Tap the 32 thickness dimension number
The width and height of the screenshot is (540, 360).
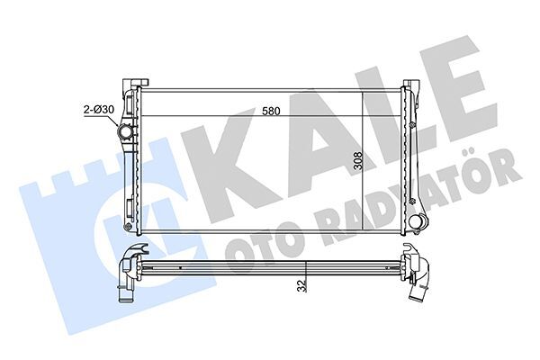click(x=299, y=284)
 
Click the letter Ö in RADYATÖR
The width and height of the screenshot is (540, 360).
click(x=493, y=167)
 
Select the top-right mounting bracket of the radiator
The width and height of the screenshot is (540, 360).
click(x=415, y=87)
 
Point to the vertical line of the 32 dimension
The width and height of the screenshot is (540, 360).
click(x=306, y=274)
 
